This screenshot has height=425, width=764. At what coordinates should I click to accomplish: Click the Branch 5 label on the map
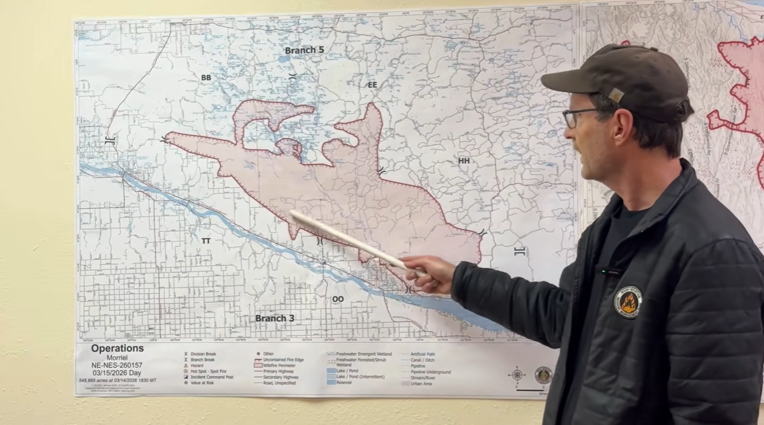click(304, 50)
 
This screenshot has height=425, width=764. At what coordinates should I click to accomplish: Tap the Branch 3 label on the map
click(275, 318)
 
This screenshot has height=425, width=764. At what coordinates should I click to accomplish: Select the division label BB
click(206, 78)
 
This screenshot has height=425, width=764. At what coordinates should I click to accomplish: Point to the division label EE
click(373, 85)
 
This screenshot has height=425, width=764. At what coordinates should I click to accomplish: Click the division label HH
click(464, 161)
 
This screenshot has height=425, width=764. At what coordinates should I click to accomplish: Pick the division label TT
click(206, 240)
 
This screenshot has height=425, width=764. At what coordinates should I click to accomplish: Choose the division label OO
click(338, 299)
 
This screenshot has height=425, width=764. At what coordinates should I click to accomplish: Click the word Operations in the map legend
click(117, 348)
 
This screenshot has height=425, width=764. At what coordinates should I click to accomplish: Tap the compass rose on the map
click(516, 375)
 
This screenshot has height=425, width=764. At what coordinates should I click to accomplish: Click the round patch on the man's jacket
click(628, 302)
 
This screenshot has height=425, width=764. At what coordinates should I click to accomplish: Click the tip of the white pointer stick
click(292, 214)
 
